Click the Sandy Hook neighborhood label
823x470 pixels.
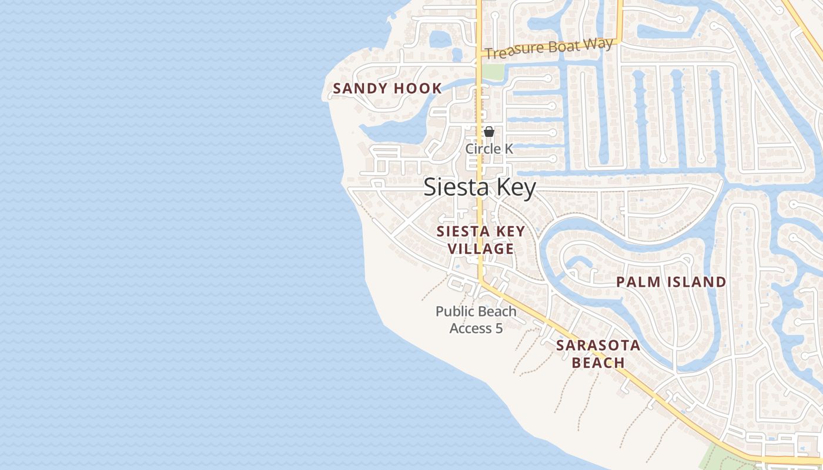(387, 89)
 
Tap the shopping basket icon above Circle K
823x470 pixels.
(489, 132)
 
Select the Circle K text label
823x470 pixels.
(489, 149)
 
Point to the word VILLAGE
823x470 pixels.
(481, 249)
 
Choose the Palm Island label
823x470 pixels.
(671, 282)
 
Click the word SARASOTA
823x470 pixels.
(598, 345)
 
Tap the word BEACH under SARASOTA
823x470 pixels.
(598, 362)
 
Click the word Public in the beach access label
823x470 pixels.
(454, 311)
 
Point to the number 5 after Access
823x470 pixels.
(499, 328)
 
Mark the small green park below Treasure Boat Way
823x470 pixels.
(493, 71)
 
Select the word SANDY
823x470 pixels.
(356, 89)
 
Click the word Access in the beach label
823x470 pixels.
(471, 328)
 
